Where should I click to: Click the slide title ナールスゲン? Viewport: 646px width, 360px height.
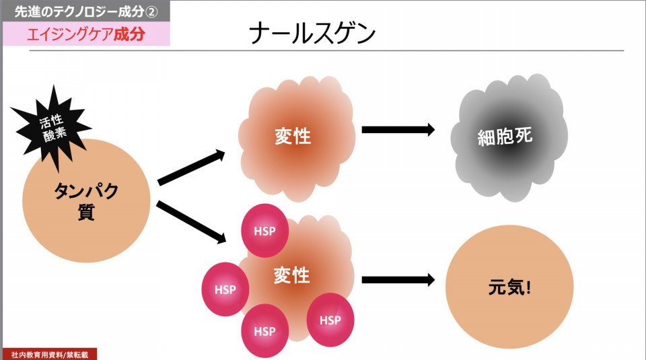[312, 34]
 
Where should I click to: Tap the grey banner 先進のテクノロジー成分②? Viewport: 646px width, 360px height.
[86, 11]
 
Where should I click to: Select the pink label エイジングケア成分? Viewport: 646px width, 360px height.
[86, 34]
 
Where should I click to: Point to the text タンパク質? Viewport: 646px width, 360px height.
[86, 201]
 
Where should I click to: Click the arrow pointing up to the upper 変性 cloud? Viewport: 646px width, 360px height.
[191, 168]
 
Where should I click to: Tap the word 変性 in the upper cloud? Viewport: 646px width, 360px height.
[293, 137]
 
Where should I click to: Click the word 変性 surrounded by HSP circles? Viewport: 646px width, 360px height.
[291, 275]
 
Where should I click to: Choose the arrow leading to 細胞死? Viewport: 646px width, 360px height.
[398, 129]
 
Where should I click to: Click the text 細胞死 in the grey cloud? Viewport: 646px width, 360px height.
[505, 137]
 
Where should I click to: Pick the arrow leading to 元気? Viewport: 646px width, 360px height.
[398, 280]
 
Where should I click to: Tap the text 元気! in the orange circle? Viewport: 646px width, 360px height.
[509, 287]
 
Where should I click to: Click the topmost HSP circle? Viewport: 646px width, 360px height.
[264, 231]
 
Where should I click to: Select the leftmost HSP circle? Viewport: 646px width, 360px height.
[225, 289]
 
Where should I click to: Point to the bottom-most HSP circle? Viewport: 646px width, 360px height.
[264, 331]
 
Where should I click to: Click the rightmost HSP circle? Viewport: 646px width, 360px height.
[330, 320]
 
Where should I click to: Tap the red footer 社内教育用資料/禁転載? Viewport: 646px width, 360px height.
[50, 354]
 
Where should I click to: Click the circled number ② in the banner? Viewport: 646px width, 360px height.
[151, 12]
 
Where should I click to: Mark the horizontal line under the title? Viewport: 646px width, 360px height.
[326, 51]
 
